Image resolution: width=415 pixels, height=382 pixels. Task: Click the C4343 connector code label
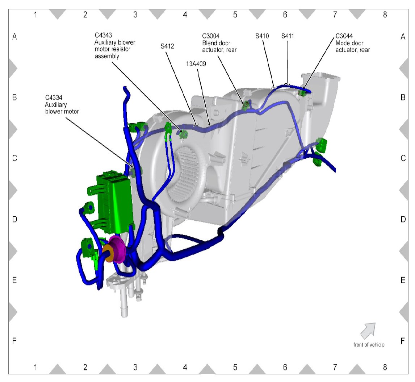(103, 36)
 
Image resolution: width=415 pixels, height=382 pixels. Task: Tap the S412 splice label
(168, 47)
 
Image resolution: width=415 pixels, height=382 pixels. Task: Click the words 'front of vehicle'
(369, 345)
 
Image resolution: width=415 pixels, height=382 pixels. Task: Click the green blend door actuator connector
(246, 105)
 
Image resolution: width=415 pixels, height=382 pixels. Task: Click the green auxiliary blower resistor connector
(184, 134)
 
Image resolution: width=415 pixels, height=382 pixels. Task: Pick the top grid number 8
(385, 14)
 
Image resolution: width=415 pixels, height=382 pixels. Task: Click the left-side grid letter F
(15, 341)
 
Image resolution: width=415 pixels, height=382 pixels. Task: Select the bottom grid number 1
(35, 367)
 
